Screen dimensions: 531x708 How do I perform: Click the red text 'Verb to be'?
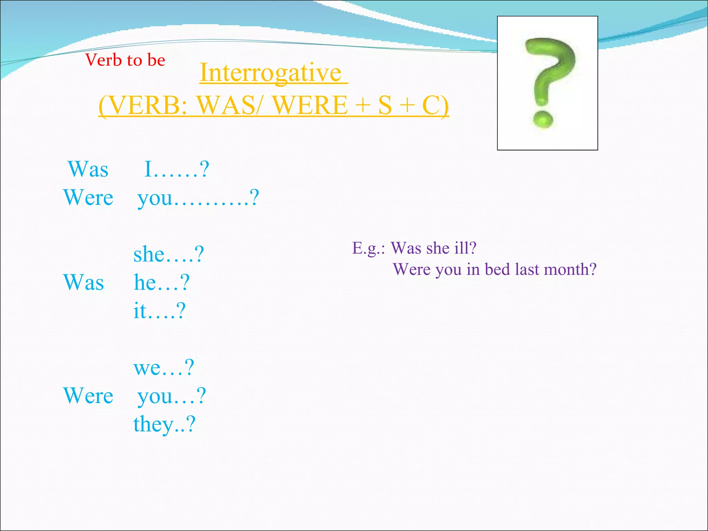point(125,60)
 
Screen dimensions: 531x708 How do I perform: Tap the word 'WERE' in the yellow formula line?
point(310,105)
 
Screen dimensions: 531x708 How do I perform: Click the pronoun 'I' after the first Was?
point(148,169)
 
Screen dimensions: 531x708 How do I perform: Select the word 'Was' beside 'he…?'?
point(84,282)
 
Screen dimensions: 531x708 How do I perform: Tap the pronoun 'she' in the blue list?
point(149,255)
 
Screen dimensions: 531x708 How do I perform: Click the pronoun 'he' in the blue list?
point(145,282)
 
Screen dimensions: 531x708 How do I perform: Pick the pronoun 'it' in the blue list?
point(140,310)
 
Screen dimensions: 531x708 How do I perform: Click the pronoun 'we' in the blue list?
point(146,368)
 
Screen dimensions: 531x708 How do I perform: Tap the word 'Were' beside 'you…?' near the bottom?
point(88,396)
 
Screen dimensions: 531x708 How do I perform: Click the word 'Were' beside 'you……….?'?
point(88,198)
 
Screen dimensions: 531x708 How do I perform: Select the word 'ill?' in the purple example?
point(465,248)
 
